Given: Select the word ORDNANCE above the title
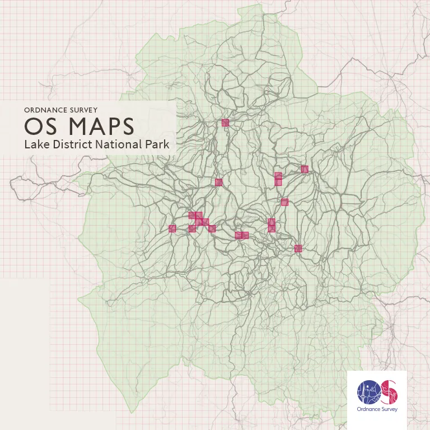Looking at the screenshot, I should point(45,110).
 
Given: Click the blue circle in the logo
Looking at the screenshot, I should point(368,392).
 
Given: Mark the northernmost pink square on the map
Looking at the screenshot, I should point(226,123).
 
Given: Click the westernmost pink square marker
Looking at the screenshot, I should point(172,228).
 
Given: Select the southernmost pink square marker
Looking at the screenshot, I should point(298,249).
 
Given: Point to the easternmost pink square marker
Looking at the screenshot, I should point(305,169).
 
